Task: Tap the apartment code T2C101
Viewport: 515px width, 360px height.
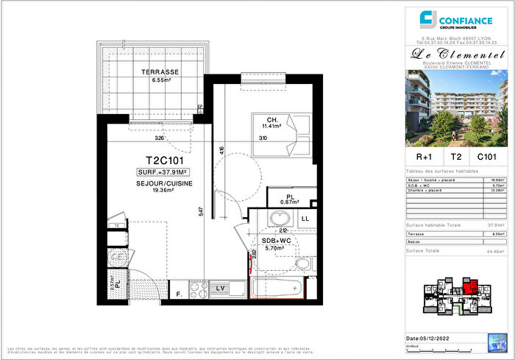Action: click(158, 159)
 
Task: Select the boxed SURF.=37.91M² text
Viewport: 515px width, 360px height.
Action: click(160, 173)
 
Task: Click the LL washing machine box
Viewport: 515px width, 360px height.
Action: click(305, 219)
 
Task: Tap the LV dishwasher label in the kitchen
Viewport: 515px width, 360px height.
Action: click(219, 288)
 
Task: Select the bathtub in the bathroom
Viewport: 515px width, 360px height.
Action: click(275, 289)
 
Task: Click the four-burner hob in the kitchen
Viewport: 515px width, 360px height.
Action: click(197, 288)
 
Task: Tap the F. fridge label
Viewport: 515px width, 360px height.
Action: click(179, 294)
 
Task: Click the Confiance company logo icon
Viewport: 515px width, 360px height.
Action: click(426, 18)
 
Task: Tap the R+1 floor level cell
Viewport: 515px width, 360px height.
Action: click(424, 156)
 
